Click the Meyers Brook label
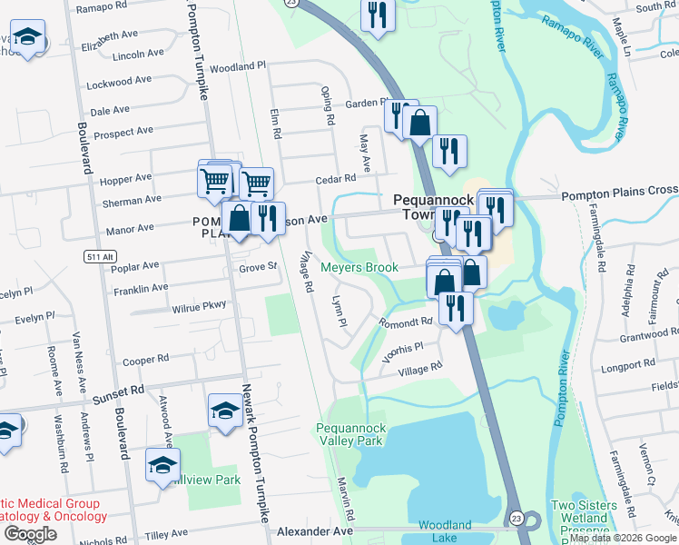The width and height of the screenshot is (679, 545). [359, 268]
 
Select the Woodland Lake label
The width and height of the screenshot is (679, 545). [445, 531]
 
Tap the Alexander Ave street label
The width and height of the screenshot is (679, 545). [314, 530]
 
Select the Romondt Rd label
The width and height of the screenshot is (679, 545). [405, 322]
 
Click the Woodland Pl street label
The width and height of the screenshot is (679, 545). [237, 67]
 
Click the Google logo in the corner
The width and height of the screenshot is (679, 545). [30, 534]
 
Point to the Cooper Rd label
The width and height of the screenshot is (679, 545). [145, 360]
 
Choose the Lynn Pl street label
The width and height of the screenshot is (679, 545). [338, 312]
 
